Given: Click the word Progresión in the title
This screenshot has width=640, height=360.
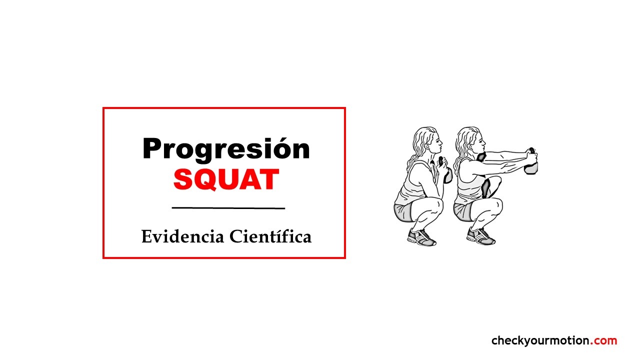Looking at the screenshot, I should coord(226,149).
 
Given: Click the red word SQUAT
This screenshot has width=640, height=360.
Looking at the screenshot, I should coord(226,179).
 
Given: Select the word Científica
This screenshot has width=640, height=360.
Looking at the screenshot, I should coord(270,236).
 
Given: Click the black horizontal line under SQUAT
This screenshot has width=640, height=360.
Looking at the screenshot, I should coord(228,208).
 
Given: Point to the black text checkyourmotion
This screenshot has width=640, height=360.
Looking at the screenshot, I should coord(540,341).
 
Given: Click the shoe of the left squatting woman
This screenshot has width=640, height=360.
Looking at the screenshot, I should coord(421,237).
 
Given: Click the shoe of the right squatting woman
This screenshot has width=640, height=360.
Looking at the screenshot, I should coord(480,236).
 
